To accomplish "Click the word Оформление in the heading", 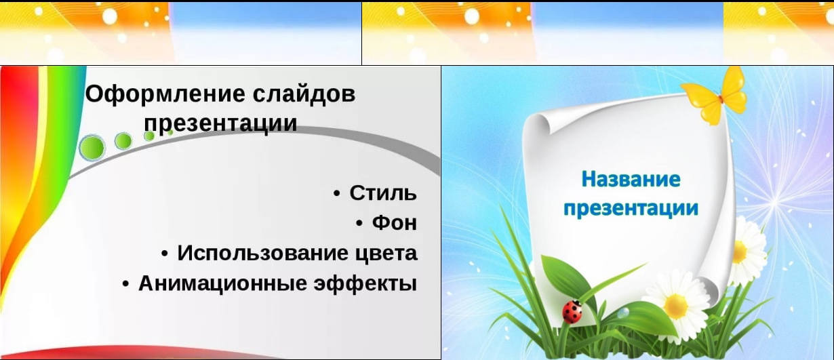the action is pos(165,94).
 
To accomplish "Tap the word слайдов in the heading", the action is pos(304,94).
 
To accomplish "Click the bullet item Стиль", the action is pos(382,193).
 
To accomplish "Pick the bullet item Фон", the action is pos(395,223).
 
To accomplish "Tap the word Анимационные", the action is pos(222,283).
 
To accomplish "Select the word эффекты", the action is pos(365,283).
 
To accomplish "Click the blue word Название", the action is pos(631,179).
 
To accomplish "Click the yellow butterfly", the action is pos(714,97).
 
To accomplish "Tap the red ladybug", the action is pos(572,312).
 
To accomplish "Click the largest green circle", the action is pos(92,148).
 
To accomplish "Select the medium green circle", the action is pos(123,141).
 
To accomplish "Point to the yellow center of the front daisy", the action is pos(676,306).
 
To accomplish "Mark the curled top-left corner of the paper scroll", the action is pos(538,123).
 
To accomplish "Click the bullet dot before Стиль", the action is pos(337,194).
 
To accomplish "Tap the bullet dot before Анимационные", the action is pos(126,284).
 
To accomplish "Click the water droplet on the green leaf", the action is pos(623,313).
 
